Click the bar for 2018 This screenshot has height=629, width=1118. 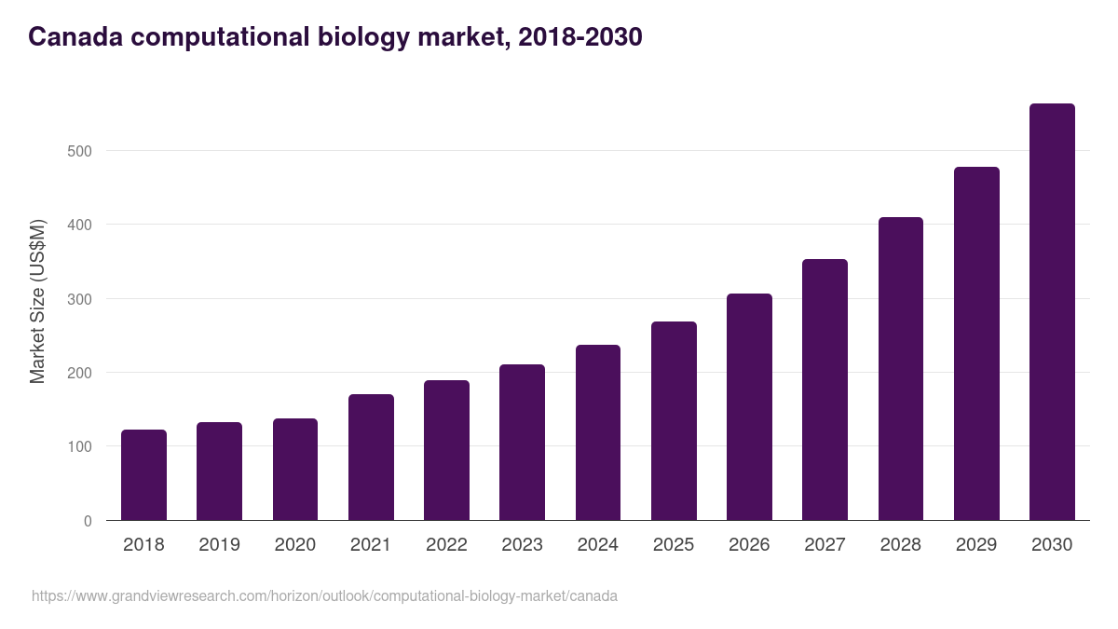143,475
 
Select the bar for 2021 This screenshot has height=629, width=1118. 371,458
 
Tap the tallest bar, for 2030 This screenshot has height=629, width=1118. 1052,312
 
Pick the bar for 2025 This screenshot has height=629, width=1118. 674,421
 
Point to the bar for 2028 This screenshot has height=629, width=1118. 901,369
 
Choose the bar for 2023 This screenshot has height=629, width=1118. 522,443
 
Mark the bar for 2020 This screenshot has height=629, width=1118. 295,470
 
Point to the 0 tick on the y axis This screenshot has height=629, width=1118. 88,521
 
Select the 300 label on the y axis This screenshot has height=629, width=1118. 81,299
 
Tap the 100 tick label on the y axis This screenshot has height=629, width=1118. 81,447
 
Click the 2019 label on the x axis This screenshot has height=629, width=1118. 219,545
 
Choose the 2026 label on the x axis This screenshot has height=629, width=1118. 749,545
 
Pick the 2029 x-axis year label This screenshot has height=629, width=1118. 976,545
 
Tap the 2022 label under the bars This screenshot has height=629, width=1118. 446,545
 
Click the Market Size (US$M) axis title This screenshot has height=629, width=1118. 37,300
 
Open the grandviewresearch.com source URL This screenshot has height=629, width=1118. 324,595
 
